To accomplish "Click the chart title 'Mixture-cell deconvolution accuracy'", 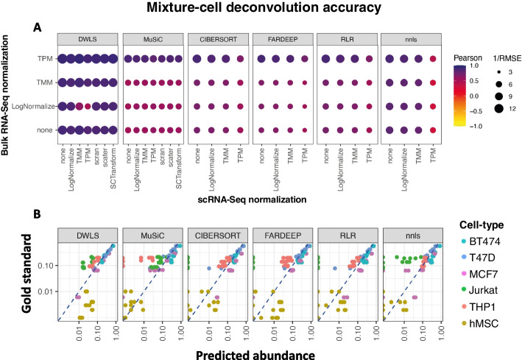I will point(261,9).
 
